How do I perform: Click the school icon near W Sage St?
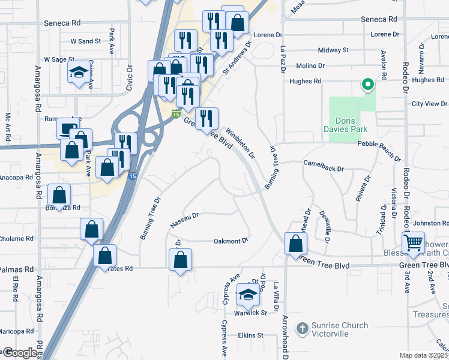tap(78, 73)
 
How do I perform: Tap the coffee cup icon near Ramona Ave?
tap(67, 128)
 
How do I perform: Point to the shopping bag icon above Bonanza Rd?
tap(59, 195)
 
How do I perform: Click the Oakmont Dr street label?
tap(231, 241)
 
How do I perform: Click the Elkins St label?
tap(250, 335)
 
